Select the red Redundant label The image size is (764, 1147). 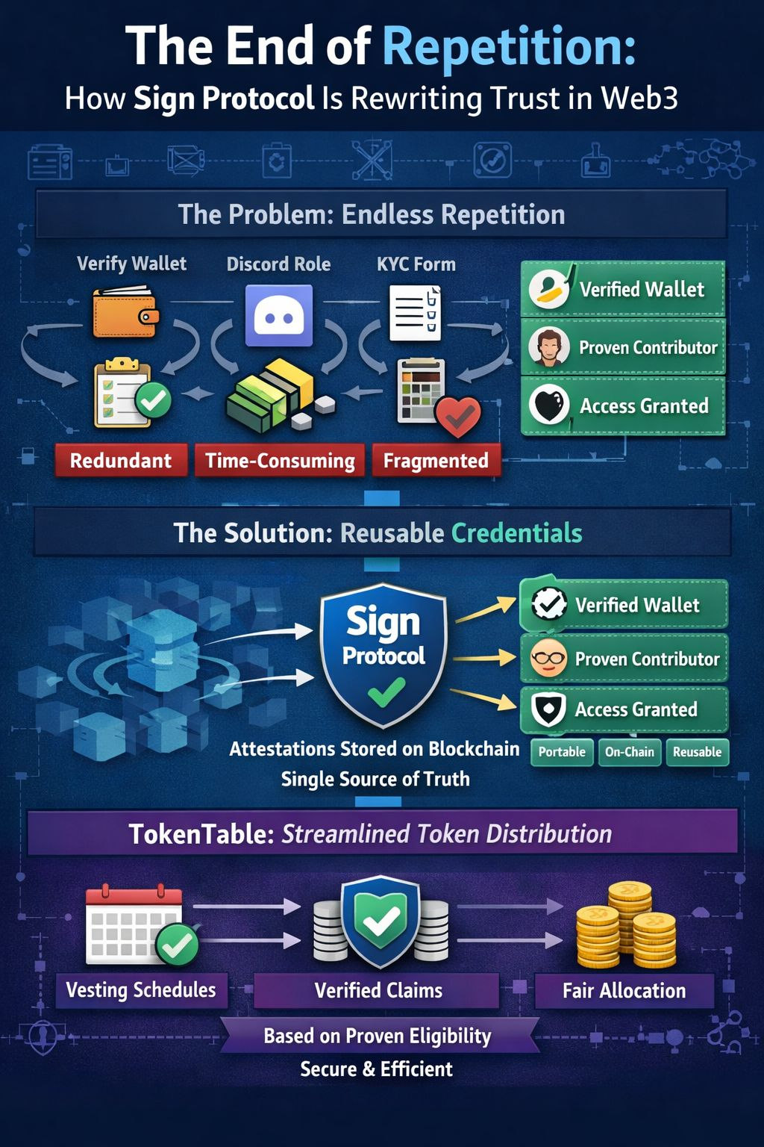121,461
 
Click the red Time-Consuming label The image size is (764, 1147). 280,461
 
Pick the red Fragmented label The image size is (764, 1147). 436,461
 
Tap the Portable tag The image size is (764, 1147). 562,752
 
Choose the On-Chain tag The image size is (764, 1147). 629,752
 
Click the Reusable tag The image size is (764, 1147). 697,752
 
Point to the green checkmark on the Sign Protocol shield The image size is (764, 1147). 386,692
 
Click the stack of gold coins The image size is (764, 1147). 626,926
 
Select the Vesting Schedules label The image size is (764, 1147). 141,990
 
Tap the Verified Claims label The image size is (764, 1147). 378,991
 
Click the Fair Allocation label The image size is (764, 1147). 624,991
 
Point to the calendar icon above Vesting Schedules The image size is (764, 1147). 134,924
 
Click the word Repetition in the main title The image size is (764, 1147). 509,46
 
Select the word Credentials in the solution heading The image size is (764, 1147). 516,533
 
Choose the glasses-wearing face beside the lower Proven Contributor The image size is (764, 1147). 548,659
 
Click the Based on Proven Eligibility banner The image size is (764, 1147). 378,1036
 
